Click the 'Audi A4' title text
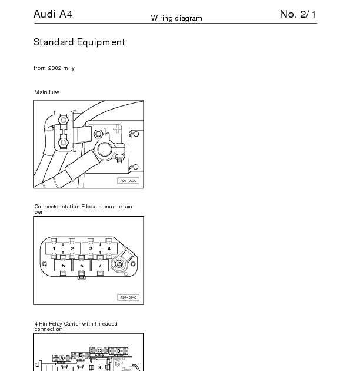[x=53, y=14]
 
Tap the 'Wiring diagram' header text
[x=176, y=18]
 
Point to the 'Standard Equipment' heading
[x=79, y=42]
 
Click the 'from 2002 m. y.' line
[x=54, y=68]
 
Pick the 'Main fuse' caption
[x=46, y=92]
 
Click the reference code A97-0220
[x=129, y=181]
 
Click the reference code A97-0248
[x=129, y=297]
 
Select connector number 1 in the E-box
[x=54, y=249]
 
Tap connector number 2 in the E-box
[x=72, y=249]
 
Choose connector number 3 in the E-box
[x=91, y=249]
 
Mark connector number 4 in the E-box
[x=109, y=249]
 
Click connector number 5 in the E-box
[x=63, y=266]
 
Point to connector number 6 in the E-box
[x=82, y=266]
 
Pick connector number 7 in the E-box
[x=101, y=266]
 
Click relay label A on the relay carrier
[x=62, y=358]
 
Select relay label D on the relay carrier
[x=118, y=352]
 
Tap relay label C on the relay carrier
[x=99, y=351]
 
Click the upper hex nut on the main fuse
[x=64, y=121]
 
